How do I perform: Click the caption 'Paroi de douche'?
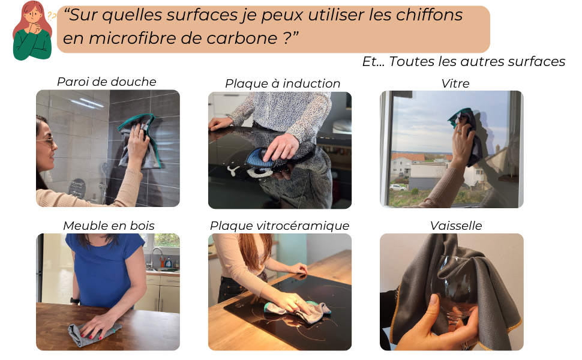107,82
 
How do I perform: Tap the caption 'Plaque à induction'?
283,83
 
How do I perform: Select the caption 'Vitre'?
455,83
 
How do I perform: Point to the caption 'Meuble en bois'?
109,226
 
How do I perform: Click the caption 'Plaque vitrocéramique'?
280,226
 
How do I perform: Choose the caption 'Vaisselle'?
456,226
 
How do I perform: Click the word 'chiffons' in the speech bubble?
429,15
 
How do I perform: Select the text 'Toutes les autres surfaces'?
477,62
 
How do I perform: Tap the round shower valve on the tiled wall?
77,188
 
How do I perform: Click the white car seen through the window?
398,187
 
